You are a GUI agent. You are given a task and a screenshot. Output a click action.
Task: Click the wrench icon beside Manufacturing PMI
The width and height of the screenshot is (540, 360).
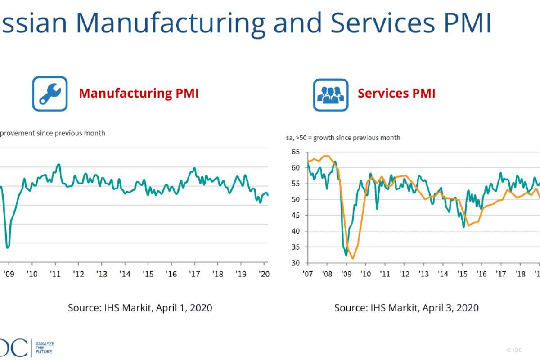point(49,94)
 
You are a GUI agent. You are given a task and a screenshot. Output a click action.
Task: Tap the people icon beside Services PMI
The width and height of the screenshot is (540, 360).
point(331,94)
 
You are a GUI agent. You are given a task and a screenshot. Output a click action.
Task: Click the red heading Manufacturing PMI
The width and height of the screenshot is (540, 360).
point(139,93)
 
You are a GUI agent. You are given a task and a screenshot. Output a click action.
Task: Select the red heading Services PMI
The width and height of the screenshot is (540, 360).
point(396,93)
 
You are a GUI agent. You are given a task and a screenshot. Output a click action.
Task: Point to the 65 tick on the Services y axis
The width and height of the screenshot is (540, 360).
point(295,152)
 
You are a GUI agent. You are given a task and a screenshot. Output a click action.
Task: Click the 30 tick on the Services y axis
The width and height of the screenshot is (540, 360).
point(295,263)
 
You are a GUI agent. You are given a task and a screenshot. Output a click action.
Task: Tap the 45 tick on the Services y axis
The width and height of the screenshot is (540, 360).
point(295,216)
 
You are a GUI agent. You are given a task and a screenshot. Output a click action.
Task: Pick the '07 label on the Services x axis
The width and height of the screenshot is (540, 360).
point(308,274)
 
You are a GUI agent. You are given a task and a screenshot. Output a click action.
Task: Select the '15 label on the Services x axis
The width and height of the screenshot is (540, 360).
point(462,274)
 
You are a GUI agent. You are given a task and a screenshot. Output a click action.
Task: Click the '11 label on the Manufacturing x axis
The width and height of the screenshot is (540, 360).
point(55,274)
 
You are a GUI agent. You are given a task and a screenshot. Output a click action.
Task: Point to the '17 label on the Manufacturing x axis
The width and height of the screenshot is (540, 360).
point(194,274)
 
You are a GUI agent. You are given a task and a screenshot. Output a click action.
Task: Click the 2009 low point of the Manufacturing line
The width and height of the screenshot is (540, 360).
point(8,247)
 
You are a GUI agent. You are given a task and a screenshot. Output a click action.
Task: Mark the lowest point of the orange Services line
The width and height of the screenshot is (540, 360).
point(353,258)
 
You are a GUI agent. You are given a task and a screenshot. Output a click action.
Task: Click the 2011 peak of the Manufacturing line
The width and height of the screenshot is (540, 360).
point(58,164)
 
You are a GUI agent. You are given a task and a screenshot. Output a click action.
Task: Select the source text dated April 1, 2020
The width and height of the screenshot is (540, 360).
point(140,308)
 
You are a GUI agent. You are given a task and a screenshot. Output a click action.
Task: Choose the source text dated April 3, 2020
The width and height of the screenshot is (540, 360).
point(406,308)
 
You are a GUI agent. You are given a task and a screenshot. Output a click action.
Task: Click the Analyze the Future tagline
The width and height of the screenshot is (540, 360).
point(45,347)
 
